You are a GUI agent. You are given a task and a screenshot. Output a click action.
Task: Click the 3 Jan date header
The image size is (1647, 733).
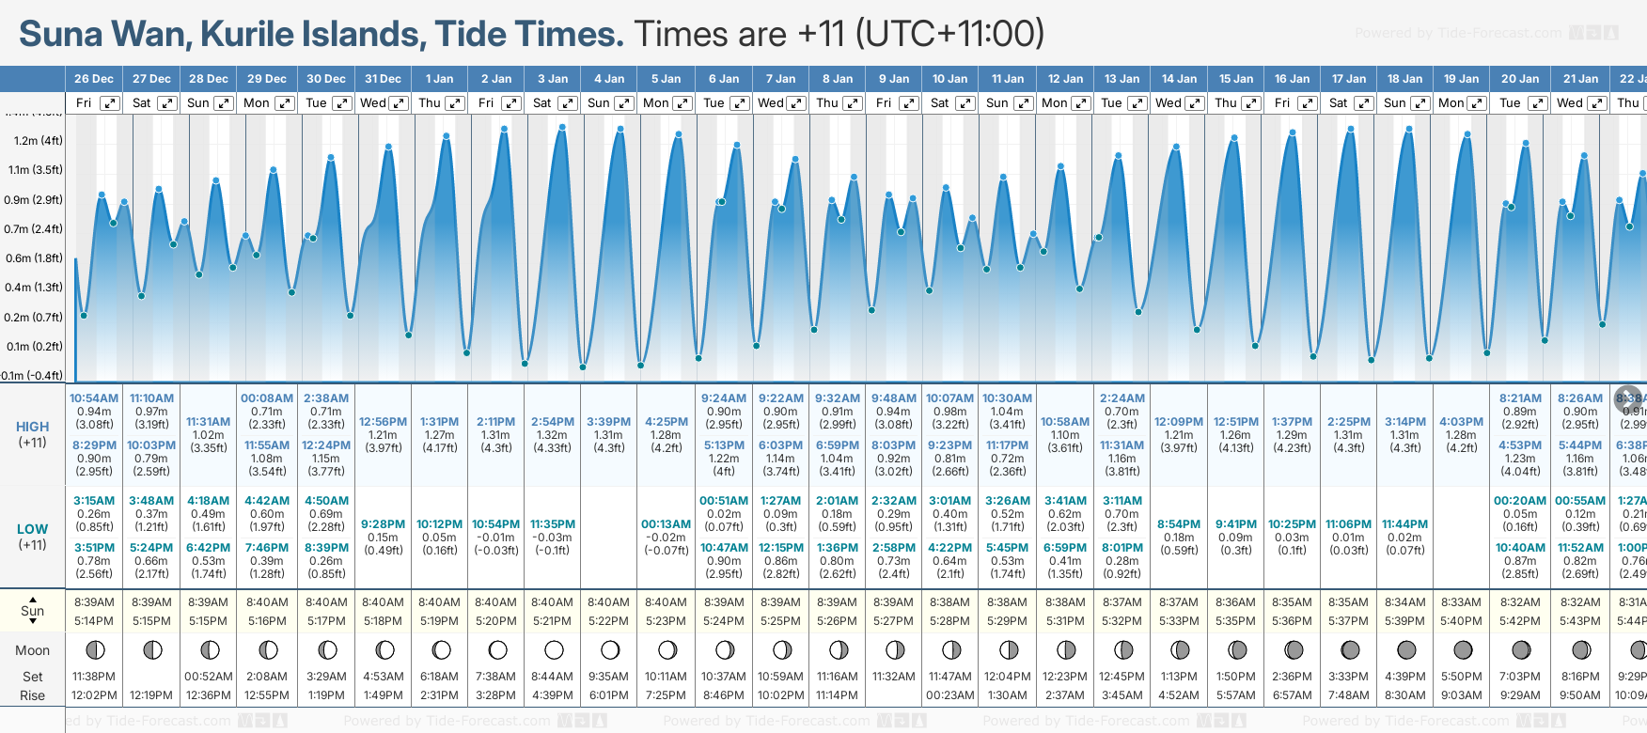tap(553, 79)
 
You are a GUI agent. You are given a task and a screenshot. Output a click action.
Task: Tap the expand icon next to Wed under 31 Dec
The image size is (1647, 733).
tap(399, 103)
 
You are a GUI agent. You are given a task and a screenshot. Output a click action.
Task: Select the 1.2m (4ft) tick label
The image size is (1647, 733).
tap(39, 141)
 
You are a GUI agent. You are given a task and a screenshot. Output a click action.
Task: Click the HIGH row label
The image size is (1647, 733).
tap(33, 427)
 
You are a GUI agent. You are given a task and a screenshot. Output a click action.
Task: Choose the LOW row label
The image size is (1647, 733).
tap(33, 529)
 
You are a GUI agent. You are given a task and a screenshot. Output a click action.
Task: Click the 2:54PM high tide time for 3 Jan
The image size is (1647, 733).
tap(553, 422)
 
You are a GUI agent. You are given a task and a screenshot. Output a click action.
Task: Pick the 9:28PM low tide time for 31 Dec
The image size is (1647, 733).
tap(383, 524)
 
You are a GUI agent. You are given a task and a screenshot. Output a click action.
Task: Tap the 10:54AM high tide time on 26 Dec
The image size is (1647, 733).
tap(94, 398)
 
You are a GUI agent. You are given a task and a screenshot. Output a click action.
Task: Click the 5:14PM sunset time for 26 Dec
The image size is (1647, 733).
tap(94, 621)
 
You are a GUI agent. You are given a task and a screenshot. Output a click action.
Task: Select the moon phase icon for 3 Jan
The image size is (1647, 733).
tap(554, 649)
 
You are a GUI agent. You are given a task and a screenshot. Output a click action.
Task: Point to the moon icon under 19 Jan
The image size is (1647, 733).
tap(1463, 649)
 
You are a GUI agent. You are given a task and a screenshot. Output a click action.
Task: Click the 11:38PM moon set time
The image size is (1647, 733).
tap(94, 677)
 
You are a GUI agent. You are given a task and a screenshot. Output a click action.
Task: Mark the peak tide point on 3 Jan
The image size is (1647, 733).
tap(562, 127)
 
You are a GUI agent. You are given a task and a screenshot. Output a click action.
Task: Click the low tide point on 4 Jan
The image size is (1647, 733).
tap(583, 366)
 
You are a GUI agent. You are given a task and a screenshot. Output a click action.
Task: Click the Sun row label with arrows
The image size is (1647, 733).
tap(33, 610)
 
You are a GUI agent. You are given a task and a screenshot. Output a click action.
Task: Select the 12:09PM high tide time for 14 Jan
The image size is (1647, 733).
tap(1179, 422)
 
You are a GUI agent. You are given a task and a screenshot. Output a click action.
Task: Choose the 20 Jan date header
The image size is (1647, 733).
tap(1520, 79)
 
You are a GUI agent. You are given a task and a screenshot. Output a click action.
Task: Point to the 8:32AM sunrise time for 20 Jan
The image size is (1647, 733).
tap(1520, 602)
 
